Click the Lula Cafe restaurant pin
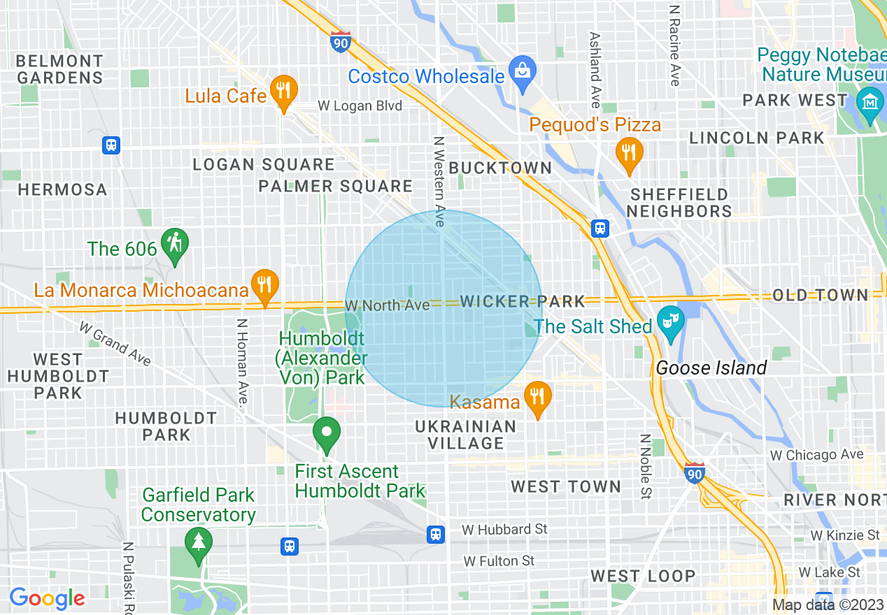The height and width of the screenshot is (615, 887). tap(283, 92)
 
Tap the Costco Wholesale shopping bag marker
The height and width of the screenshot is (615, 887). tap(522, 72)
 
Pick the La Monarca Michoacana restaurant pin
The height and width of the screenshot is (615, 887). tap(264, 286)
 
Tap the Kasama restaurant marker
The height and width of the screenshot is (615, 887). tap(537, 399)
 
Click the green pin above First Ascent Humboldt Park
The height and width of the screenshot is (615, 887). tap(326, 433)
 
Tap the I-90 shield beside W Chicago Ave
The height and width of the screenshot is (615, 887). tap(694, 472)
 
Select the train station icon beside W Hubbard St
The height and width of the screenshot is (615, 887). tap(436, 535)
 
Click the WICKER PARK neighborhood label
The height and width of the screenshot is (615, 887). tap(523, 301)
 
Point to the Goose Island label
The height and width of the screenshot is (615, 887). tap(711, 368)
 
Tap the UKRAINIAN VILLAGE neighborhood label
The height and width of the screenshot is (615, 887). tap(465, 435)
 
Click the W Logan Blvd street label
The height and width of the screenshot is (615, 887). tap(360, 106)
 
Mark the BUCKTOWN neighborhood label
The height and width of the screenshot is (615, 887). tap(500, 168)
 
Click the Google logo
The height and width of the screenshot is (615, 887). tap(47, 598)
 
